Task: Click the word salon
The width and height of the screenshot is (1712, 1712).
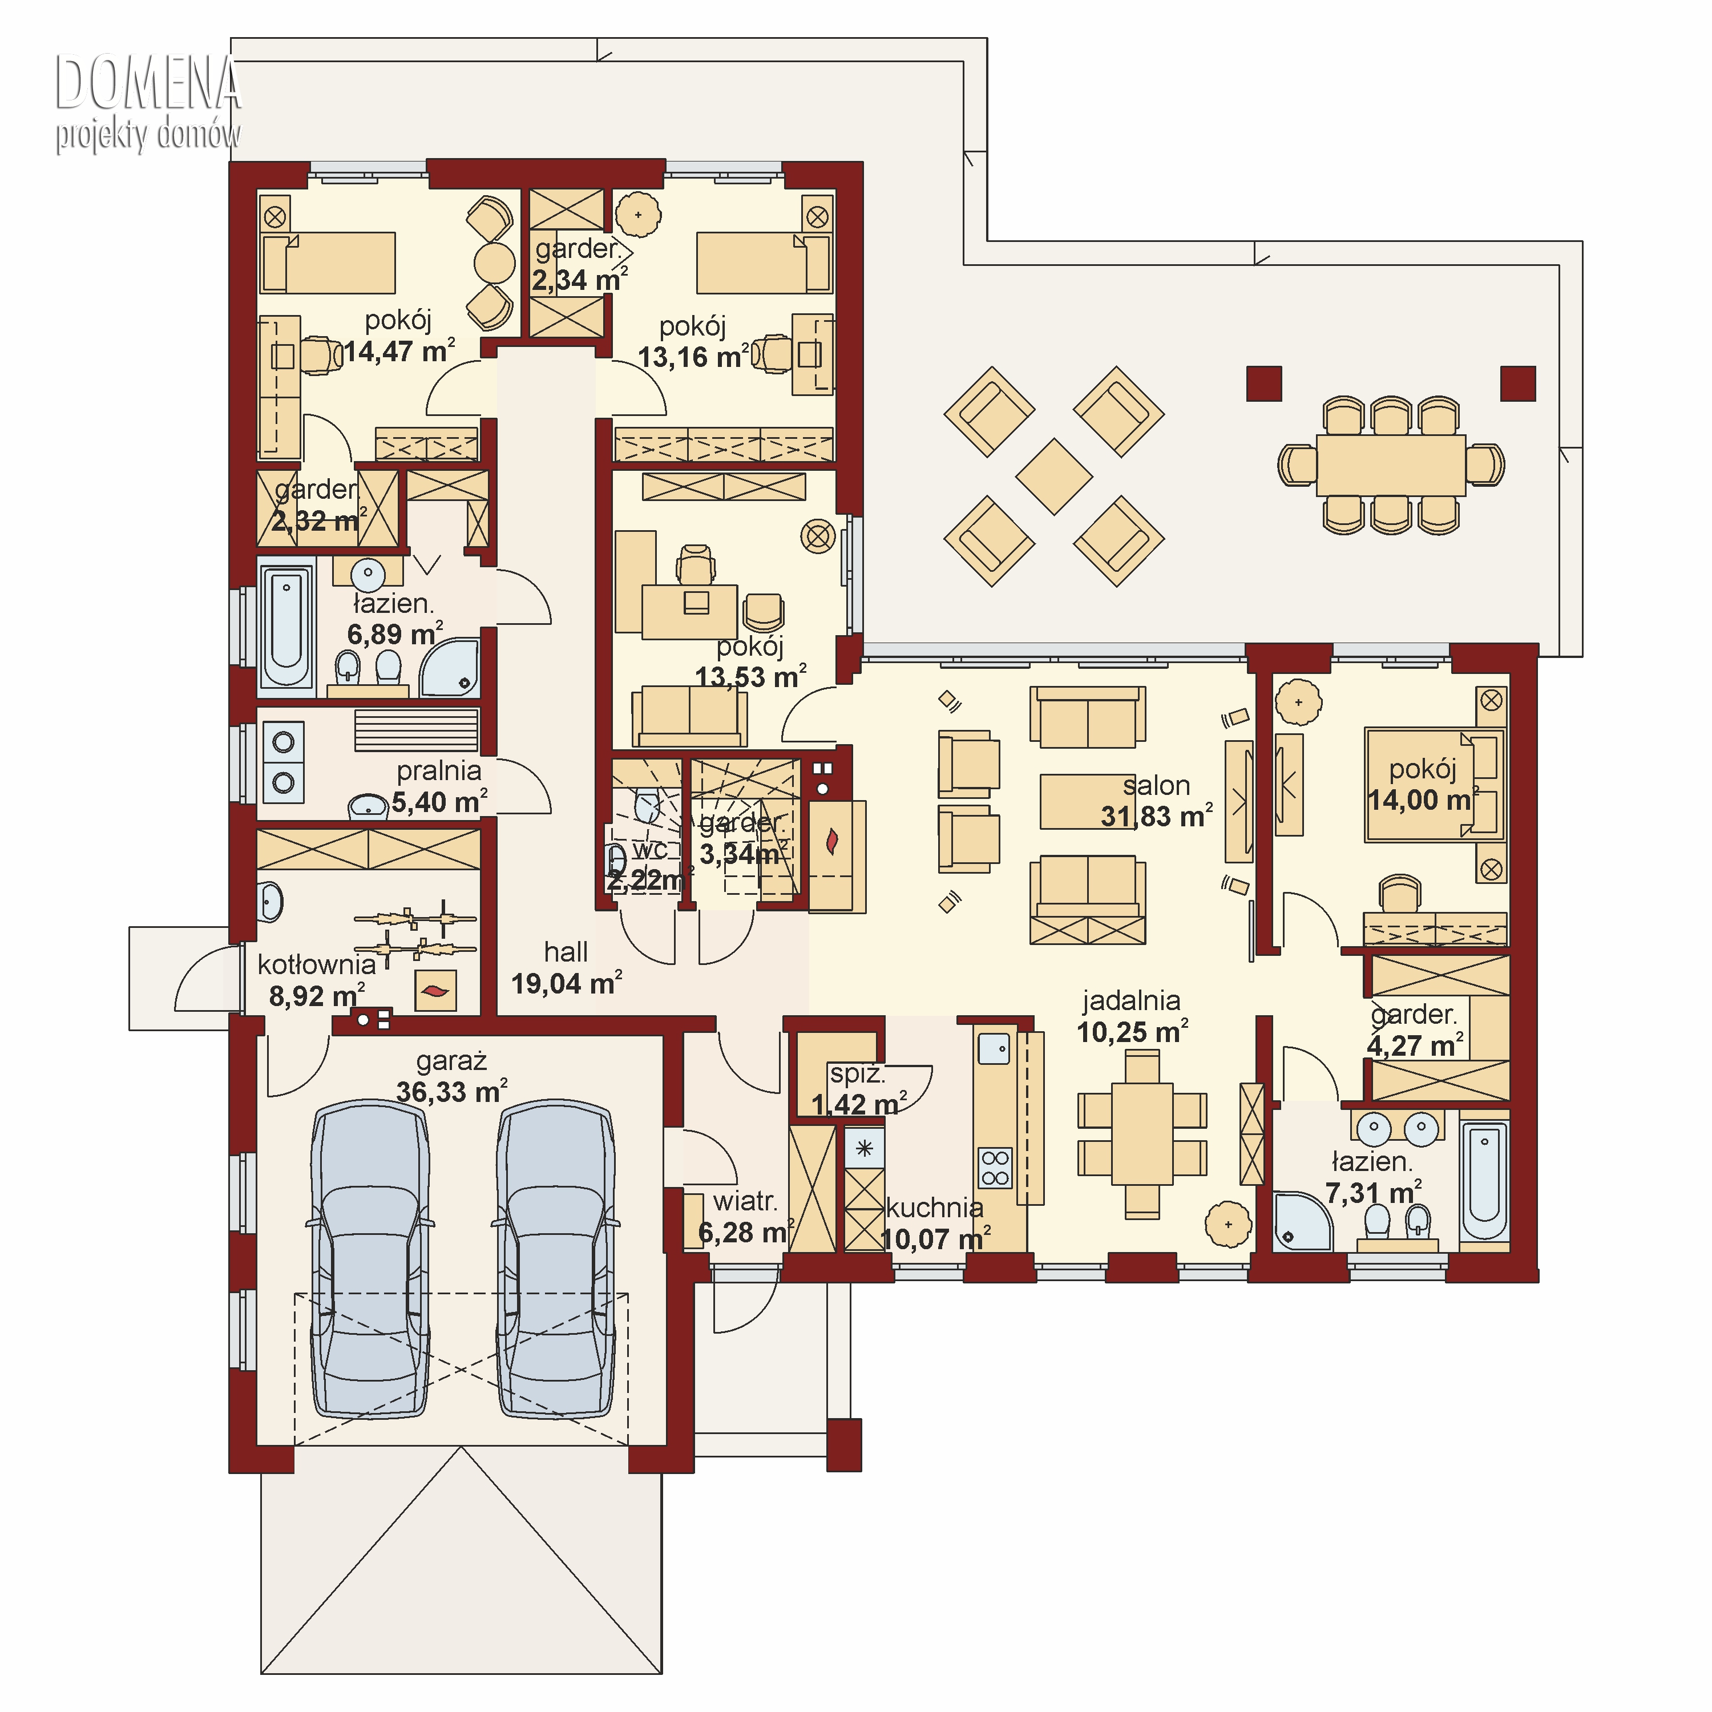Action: pyautogui.click(x=1156, y=785)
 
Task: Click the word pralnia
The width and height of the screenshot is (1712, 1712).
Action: pyautogui.click(x=439, y=771)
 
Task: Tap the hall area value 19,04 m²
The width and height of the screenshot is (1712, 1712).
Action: pyautogui.click(x=566, y=984)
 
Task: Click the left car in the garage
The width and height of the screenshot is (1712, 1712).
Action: pyautogui.click(x=370, y=1258)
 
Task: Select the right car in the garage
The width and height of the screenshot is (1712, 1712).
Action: pyautogui.click(x=556, y=1258)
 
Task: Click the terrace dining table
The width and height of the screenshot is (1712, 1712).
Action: pyautogui.click(x=1390, y=465)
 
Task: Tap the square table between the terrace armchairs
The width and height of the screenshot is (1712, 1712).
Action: pyautogui.click(x=1053, y=477)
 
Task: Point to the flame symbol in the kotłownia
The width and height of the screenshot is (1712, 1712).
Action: pyautogui.click(x=435, y=991)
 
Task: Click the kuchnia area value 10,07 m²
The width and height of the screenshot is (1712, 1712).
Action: pyautogui.click(x=936, y=1239)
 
